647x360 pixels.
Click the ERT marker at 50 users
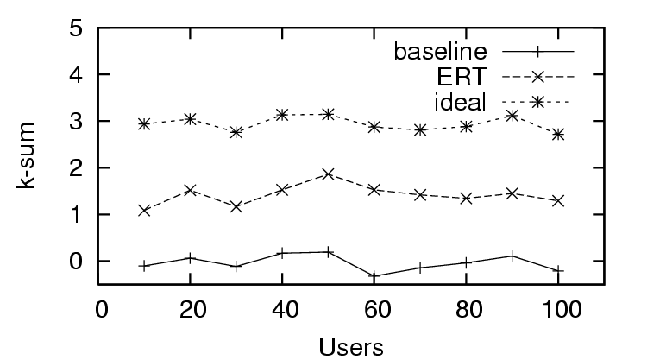point(328,174)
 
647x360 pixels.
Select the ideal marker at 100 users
point(558,134)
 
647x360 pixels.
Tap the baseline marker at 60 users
point(374,275)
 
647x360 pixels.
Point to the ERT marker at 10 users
point(144,210)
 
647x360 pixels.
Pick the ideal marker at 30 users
point(236,132)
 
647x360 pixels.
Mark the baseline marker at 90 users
point(512,256)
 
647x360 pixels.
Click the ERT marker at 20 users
point(190,190)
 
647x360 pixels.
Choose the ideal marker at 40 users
point(282,115)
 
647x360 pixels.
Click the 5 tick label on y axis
point(79,28)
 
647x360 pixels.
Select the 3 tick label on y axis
point(79,121)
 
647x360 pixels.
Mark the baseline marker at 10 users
point(144,265)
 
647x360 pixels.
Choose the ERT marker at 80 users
point(466,198)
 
